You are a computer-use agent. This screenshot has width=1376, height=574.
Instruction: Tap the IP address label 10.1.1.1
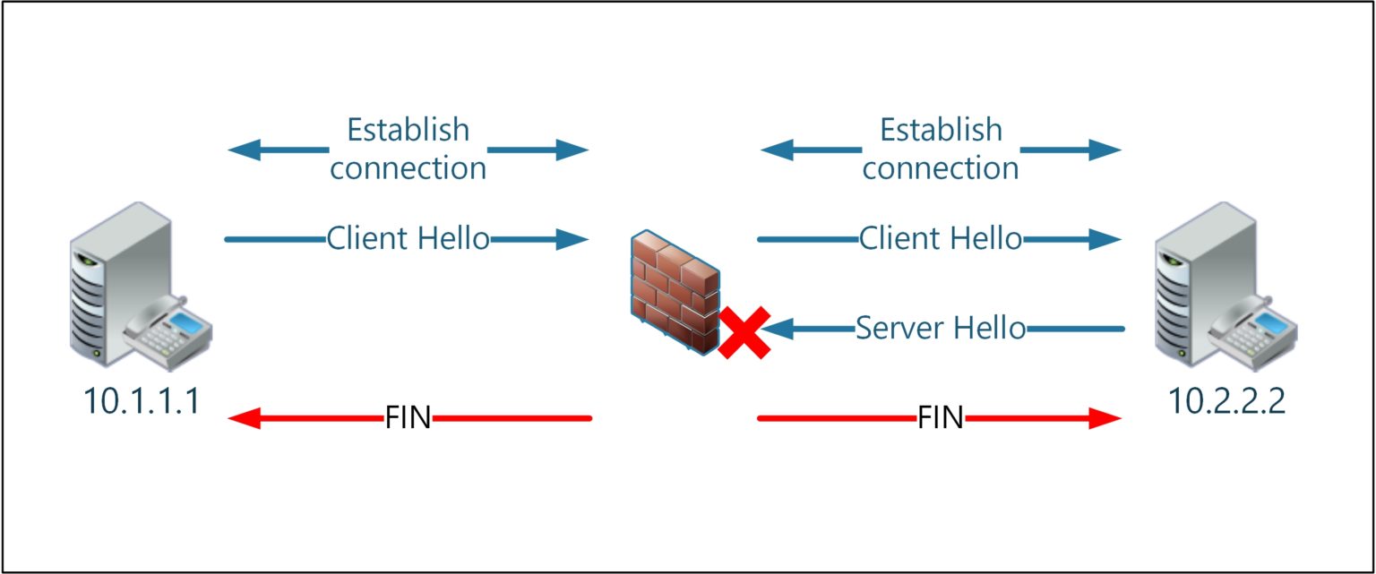pyautogui.click(x=141, y=401)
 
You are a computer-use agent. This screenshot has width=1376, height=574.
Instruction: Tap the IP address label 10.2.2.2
pyautogui.click(x=1226, y=401)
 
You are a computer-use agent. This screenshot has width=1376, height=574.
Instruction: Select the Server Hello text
pyautogui.click(x=940, y=329)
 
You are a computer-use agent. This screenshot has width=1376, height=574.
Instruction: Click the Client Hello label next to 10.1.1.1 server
pyautogui.click(x=408, y=239)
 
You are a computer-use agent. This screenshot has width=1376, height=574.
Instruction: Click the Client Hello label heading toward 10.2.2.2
pyautogui.click(x=940, y=239)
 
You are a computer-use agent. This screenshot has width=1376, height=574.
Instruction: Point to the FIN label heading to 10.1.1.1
pyautogui.click(x=408, y=418)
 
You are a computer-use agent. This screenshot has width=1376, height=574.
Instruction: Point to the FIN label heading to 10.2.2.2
pyautogui.click(x=940, y=418)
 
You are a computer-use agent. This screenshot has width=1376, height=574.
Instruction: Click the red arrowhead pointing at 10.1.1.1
pyautogui.click(x=244, y=418)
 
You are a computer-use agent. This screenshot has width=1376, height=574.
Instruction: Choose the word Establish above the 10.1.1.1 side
pyautogui.click(x=408, y=130)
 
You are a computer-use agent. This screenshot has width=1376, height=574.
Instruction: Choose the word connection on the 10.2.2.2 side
pyautogui.click(x=940, y=168)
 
